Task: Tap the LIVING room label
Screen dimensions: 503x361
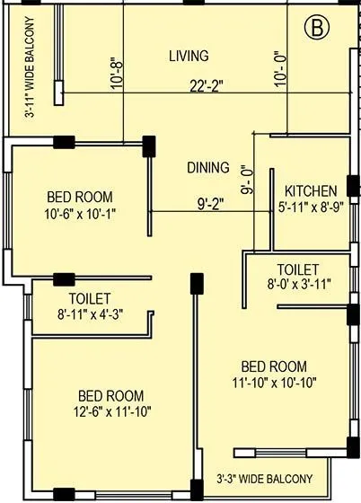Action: (x=189, y=57)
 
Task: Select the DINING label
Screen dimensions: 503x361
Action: (x=207, y=168)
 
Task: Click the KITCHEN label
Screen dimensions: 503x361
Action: (x=311, y=190)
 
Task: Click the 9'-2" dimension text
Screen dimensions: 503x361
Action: (x=210, y=203)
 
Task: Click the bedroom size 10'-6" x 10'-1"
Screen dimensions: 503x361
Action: (x=81, y=213)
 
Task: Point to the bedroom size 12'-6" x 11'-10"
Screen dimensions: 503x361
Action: (x=111, y=412)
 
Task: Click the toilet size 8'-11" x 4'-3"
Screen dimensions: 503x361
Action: (x=89, y=314)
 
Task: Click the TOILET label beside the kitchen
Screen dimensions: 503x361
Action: (x=298, y=269)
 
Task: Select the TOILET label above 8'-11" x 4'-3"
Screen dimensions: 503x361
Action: (x=90, y=298)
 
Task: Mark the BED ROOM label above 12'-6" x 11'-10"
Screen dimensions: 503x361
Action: (x=111, y=395)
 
